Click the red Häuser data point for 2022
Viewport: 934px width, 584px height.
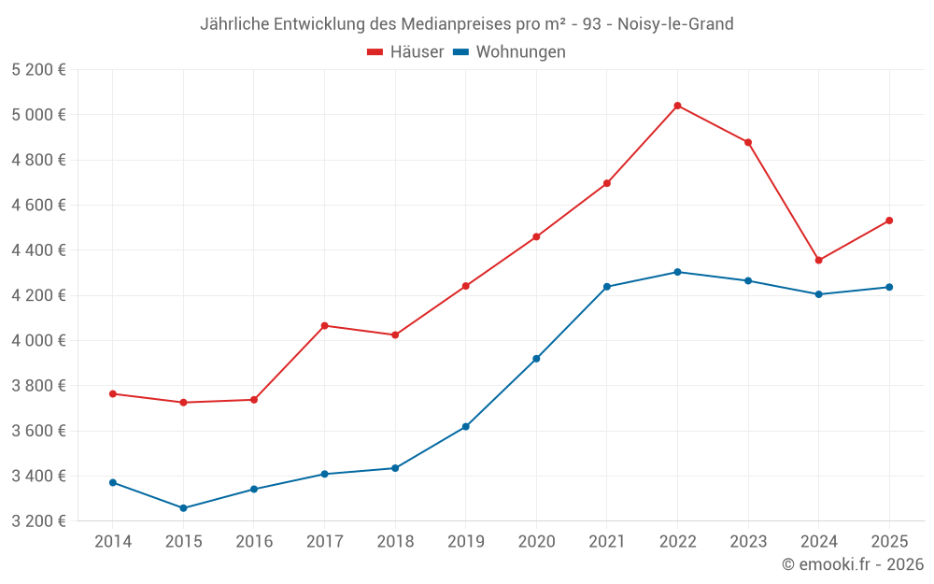(x=677, y=106)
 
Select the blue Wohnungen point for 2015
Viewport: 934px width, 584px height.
(x=183, y=508)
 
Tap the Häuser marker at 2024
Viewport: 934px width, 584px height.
(x=819, y=261)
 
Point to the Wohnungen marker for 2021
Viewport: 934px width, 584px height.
(x=607, y=287)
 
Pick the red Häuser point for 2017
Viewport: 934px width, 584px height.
(x=324, y=325)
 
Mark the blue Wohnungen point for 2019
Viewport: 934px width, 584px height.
(x=465, y=427)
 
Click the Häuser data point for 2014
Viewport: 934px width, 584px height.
(x=113, y=393)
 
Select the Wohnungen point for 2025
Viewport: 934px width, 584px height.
(x=889, y=287)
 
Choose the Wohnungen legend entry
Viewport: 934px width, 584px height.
(x=510, y=52)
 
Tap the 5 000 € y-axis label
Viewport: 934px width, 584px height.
(x=38, y=115)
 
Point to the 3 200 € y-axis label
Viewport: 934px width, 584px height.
(x=38, y=521)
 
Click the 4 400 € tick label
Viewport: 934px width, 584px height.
(x=38, y=250)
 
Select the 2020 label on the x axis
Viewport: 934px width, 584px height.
(x=536, y=542)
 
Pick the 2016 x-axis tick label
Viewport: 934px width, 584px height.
(x=254, y=542)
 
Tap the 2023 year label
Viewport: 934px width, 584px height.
(x=748, y=542)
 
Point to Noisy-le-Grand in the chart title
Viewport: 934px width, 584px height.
(x=675, y=23)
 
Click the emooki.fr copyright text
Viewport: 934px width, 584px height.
(x=853, y=564)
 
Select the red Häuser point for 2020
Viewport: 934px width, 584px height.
(x=536, y=236)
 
